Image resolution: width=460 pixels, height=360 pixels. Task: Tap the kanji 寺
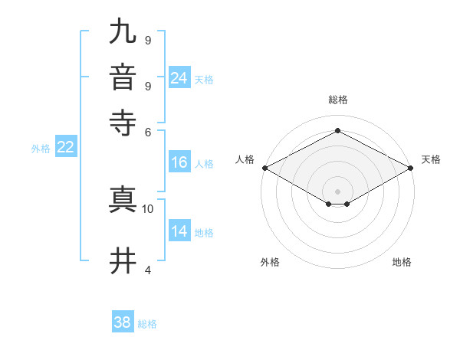click(x=123, y=123)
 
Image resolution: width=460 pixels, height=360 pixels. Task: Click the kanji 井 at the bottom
click(x=123, y=261)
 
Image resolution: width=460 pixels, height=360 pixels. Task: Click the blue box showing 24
click(x=179, y=77)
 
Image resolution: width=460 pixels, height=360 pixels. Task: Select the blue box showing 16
click(x=179, y=162)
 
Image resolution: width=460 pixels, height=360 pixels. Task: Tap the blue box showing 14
click(x=179, y=232)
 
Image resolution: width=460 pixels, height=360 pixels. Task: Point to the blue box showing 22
click(x=65, y=148)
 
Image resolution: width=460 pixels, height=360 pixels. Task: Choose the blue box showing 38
click(x=123, y=322)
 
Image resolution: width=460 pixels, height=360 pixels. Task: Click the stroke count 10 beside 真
click(x=148, y=208)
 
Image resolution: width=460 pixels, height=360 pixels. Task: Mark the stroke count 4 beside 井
click(x=148, y=270)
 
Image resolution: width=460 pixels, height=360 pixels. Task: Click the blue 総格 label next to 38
click(x=147, y=324)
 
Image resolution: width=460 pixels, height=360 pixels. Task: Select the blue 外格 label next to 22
click(x=40, y=149)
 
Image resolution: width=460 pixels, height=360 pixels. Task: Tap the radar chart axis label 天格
click(x=431, y=159)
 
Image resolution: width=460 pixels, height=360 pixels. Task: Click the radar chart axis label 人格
click(x=245, y=159)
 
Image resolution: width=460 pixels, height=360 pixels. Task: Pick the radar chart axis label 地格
click(x=402, y=262)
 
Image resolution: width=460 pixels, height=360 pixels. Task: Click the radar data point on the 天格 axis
click(x=412, y=168)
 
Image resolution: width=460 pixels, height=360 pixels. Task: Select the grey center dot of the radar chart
click(x=338, y=191)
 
